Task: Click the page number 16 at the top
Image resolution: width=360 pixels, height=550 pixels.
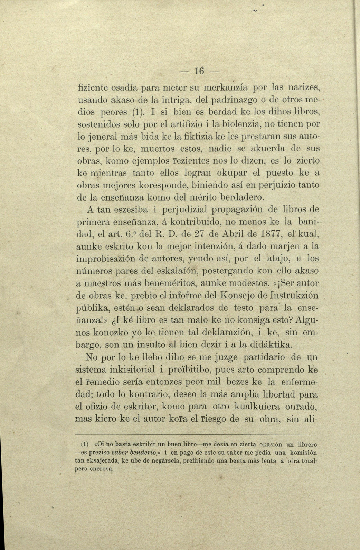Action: pos(199,71)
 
